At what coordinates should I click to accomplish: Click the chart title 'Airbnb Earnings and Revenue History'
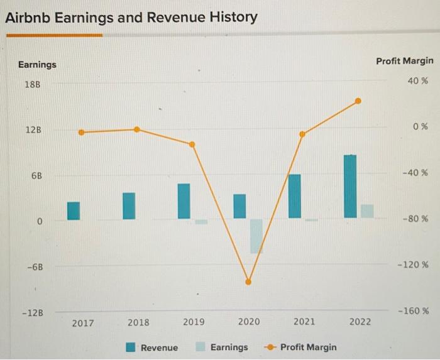pyautogui.click(x=131, y=17)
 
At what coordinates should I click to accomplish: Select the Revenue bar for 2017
pyautogui.click(x=74, y=210)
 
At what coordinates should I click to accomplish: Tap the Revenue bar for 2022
pyautogui.click(x=349, y=187)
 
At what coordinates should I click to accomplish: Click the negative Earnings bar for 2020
pyautogui.click(x=256, y=236)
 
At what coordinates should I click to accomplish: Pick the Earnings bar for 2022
pyautogui.click(x=367, y=211)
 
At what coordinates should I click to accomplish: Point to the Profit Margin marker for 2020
pyautogui.click(x=248, y=282)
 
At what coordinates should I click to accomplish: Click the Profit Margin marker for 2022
pyautogui.click(x=358, y=101)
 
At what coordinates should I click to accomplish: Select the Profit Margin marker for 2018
pyautogui.click(x=137, y=129)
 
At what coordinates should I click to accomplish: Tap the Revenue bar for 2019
pyautogui.click(x=184, y=201)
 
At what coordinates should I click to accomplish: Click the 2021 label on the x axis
pyautogui.click(x=304, y=322)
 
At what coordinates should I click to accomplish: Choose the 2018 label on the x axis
pyautogui.click(x=138, y=322)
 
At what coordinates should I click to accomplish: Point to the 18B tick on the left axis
pyautogui.click(x=31, y=84)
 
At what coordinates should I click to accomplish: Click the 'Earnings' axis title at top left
pyautogui.click(x=36, y=65)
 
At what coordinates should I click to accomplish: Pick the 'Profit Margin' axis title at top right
pyautogui.click(x=404, y=61)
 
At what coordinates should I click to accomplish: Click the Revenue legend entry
pyautogui.click(x=152, y=347)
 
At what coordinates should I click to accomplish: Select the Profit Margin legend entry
pyautogui.click(x=301, y=347)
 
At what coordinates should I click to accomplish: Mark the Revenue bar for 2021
pyautogui.click(x=294, y=196)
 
